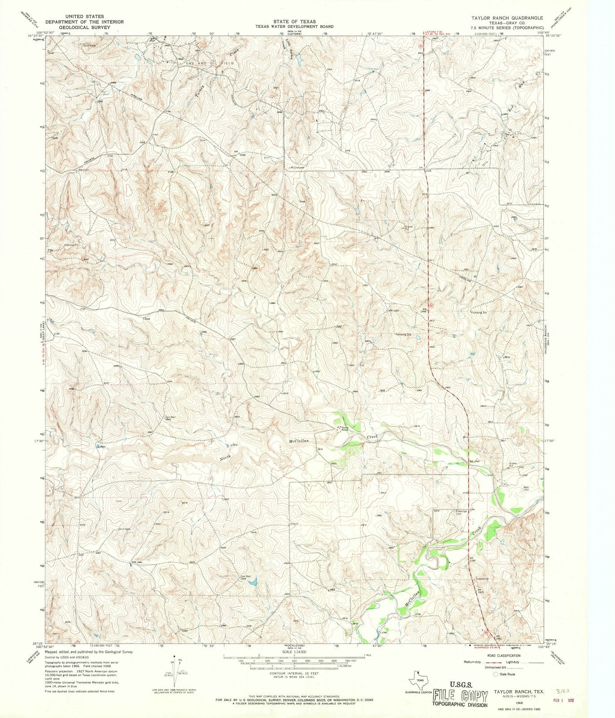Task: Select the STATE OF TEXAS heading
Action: (x=295, y=22)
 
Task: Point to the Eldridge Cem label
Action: (x=462, y=512)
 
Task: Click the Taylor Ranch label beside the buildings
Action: (x=345, y=429)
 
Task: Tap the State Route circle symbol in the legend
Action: (x=496, y=674)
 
